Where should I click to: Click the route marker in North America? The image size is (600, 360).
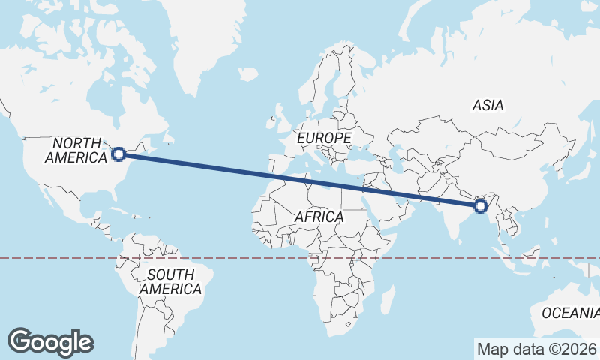tap(118, 154)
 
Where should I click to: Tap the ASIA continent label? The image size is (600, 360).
tap(487, 106)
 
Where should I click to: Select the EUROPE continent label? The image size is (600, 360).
tap(324, 139)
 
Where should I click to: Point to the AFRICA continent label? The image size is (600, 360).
tap(319, 217)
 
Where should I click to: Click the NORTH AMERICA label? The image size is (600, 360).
tap(76, 150)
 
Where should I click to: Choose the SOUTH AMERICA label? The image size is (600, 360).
tap(170, 281)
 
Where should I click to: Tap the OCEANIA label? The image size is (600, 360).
tap(571, 312)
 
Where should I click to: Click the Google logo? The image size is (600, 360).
tap(50, 341)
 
